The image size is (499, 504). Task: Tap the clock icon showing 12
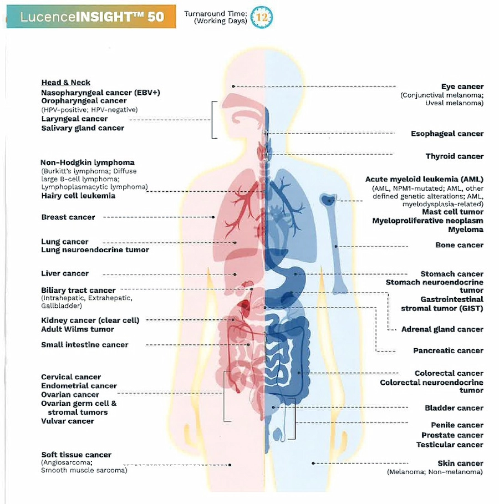pyautogui.click(x=262, y=18)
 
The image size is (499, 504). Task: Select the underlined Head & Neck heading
pyautogui.click(x=65, y=83)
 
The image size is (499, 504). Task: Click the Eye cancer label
pyautogui.click(x=462, y=86)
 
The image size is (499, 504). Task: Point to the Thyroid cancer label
pyautogui.click(x=455, y=156)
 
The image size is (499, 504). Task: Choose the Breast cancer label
pyautogui.click(x=68, y=217)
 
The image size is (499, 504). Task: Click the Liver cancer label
pyautogui.click(x=64, y=273)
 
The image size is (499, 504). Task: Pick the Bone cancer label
pyautogui.click(x=459, y=245)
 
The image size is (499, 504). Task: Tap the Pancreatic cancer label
pyautogui.click(x=448, y=350)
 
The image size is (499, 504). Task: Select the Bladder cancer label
pyautogui.click(x=454, y=408)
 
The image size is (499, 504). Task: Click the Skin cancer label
pyautogui.click(x=460, y=464)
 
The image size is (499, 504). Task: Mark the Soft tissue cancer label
pyautogui.click(x=76, y=455)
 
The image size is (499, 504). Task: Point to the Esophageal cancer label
pyautogui.click(x=447, y=134)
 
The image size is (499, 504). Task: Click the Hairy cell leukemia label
pyautogui.click(x=78, y=196)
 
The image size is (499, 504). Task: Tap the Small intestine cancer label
pyautogui.click(x=84, y=345)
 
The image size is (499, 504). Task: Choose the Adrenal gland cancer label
pyautogui.click(x=442, y=329)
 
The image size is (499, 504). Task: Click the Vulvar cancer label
pyautogui.click(x=68, y=421)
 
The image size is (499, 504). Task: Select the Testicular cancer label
pyautogui.click(x=450, y=445)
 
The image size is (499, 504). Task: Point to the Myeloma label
pyautogui.click(x=466, y=230)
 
